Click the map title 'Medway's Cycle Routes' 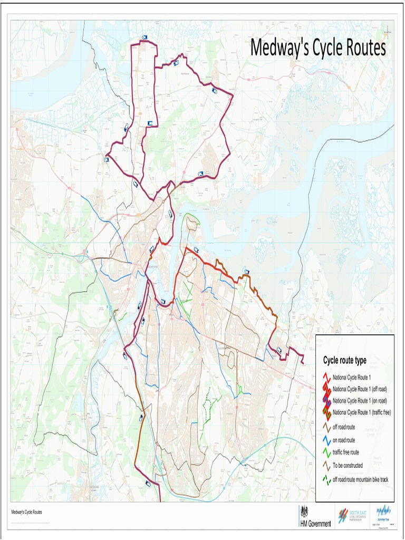[318, 48]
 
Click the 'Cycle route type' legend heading [344, 361]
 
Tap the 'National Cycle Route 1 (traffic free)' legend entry [361, 412]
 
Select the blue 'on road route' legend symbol [326, 440]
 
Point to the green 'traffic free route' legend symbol [326, 452]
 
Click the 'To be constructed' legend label [348, 465]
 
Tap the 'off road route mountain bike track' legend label [360, 479]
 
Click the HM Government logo [315, 517]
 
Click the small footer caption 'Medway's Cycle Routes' [27, 512]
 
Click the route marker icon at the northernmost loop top [144, 37]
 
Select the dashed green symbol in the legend [326, 479]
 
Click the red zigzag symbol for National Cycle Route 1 [326, 378]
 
